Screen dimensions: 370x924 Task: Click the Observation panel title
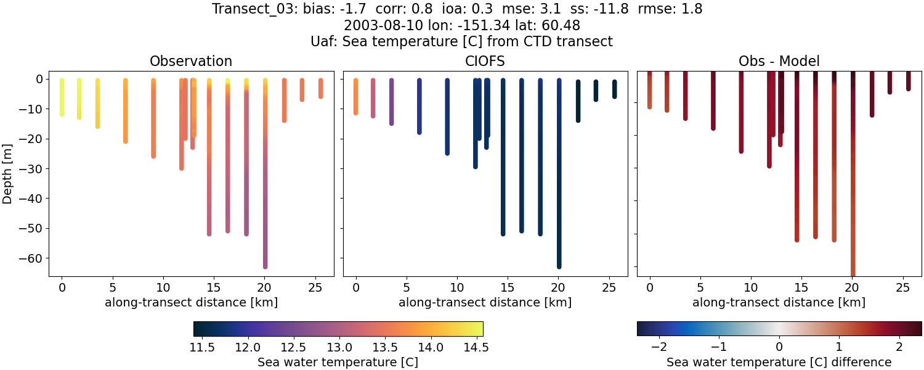tap(191, 61)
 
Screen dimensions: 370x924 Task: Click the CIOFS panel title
tap(485, 61)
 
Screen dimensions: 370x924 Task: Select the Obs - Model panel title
tap(779, 61)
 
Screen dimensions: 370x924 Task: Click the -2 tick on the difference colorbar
tap(659, 348)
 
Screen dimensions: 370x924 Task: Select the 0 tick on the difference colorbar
tap(779, 348)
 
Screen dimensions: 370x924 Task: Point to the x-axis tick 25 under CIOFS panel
tap(609, 287)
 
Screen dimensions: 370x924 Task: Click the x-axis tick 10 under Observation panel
tap(163, 287)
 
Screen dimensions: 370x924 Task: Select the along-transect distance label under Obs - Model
tap(779, 302)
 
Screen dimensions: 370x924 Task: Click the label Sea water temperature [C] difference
tap(779, 362)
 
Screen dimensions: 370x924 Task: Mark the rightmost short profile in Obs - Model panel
tap(908, 81)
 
